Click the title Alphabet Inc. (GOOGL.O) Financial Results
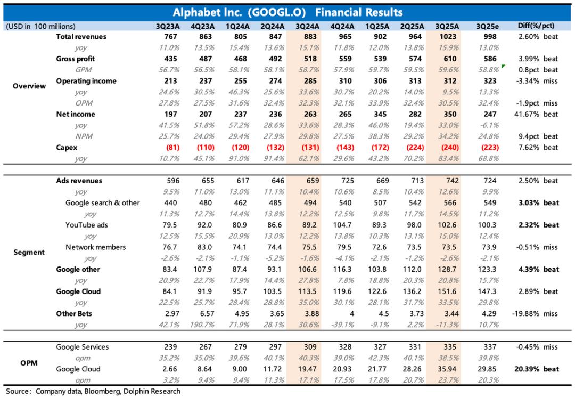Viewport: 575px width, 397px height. (x=287, y=12)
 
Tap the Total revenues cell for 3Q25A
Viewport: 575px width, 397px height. (x=450, y=37)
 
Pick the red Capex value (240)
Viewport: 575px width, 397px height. (x=450, y=148)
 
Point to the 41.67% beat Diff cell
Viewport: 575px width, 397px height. (x=538, y=114)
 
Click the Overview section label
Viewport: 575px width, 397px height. (x=29, y=86)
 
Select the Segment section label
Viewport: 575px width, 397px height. (x=29, y=252)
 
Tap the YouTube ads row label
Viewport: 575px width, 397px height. (x=87, y=225)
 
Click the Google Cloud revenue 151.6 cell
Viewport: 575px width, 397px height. (x=450, y=291)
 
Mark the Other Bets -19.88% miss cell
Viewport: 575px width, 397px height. (x=538, y=313)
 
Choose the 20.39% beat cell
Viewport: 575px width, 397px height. (x=538, y=369)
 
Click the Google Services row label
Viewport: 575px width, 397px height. (x=83, y=347)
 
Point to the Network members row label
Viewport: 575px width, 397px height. (x=96, y=247)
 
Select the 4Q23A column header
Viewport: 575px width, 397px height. (x=206, y=26)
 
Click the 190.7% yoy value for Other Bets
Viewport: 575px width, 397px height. (x=206, y=325)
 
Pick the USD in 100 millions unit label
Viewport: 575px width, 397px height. (x=40, y=26)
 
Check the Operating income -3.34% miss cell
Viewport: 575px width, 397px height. (x=538, y=81)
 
